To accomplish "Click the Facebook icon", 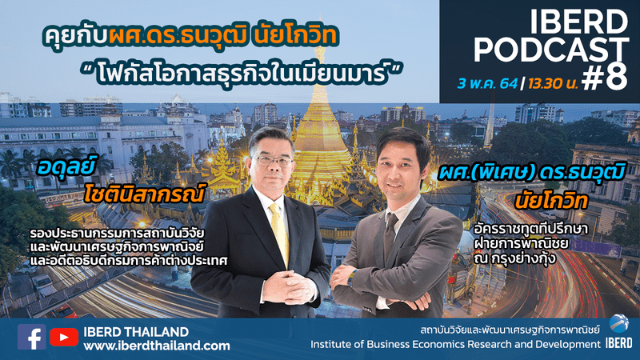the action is (31, 337).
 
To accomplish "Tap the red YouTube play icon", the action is (64, 337).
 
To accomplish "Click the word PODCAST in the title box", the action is (551, 50).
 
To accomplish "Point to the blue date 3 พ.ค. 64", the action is (487, 84).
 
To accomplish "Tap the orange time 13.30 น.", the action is (553, 84).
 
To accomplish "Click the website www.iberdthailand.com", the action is (157, 346).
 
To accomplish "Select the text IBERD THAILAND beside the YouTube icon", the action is (136, 331).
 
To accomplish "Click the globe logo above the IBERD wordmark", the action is (618, 324).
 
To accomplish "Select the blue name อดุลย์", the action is (66, 167).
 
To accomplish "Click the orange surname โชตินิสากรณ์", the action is (144, 193).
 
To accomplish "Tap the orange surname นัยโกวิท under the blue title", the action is (551, 202).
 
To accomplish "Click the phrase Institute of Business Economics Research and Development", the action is (455, 345).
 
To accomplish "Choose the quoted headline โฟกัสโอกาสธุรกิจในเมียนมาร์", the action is (242, 74).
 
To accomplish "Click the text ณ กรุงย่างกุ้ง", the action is (515, 258).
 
